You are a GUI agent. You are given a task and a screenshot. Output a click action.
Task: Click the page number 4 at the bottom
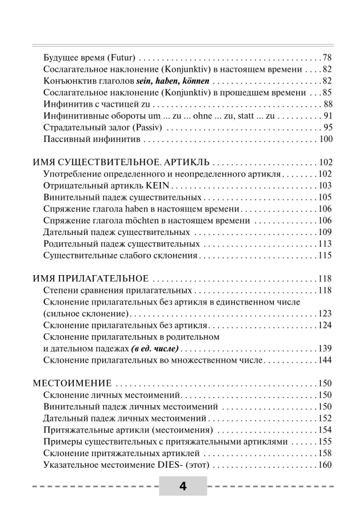[183, 486]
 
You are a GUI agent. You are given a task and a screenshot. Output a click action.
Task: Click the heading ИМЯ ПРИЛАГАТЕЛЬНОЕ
[90, 279]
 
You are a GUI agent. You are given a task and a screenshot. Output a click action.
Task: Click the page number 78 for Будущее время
[327, 57]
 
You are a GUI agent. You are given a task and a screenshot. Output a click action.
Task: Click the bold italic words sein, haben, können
[173, 81]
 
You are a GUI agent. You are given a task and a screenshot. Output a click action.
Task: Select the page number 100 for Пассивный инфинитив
[325, 139]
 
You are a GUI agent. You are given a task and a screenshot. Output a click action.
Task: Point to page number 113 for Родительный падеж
[325, 244]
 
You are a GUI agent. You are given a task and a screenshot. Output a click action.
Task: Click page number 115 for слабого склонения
[325, 256]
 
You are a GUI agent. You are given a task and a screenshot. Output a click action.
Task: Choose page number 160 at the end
[325, 465]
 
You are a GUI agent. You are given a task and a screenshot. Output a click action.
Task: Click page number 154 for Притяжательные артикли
[325, 429]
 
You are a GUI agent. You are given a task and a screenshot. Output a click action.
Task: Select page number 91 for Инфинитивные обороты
[327, 116]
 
